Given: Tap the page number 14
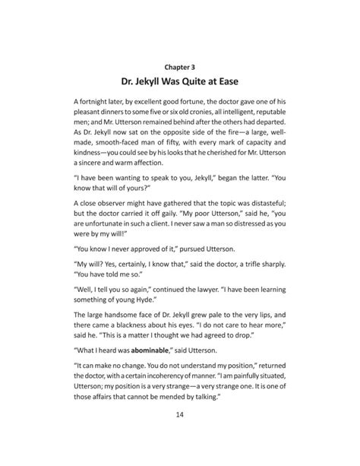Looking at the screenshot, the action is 180,436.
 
